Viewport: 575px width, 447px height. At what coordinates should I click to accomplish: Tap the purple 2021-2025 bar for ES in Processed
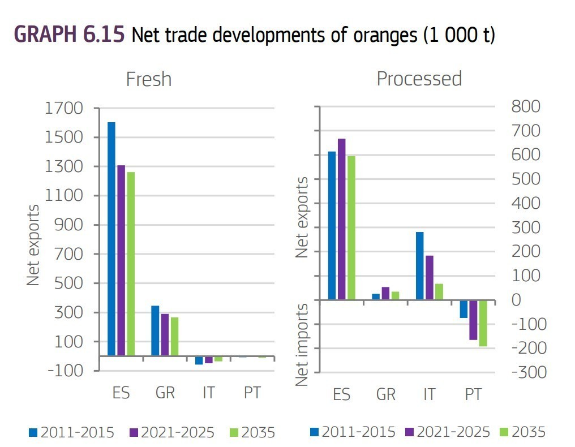click(341, 218)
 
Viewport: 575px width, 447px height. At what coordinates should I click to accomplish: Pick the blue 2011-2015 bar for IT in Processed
click(419, 265)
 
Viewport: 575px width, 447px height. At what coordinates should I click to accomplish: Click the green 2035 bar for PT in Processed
click(483, 323)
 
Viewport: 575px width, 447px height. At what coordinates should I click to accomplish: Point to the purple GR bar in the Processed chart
click(385, 293)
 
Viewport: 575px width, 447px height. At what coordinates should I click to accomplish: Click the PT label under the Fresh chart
click(252, 393)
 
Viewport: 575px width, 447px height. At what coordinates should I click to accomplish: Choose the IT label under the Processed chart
click(429, 394)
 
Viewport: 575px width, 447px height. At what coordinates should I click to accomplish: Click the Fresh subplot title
click(148, 79)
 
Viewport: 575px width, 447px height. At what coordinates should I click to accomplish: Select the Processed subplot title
click(419, 79)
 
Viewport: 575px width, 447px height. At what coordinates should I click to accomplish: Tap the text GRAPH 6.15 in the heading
click(69, 35)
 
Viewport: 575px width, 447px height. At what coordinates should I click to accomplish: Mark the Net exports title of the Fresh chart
click(34, 244)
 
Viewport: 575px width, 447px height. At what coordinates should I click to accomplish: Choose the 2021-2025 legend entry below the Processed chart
click(448, 432)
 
